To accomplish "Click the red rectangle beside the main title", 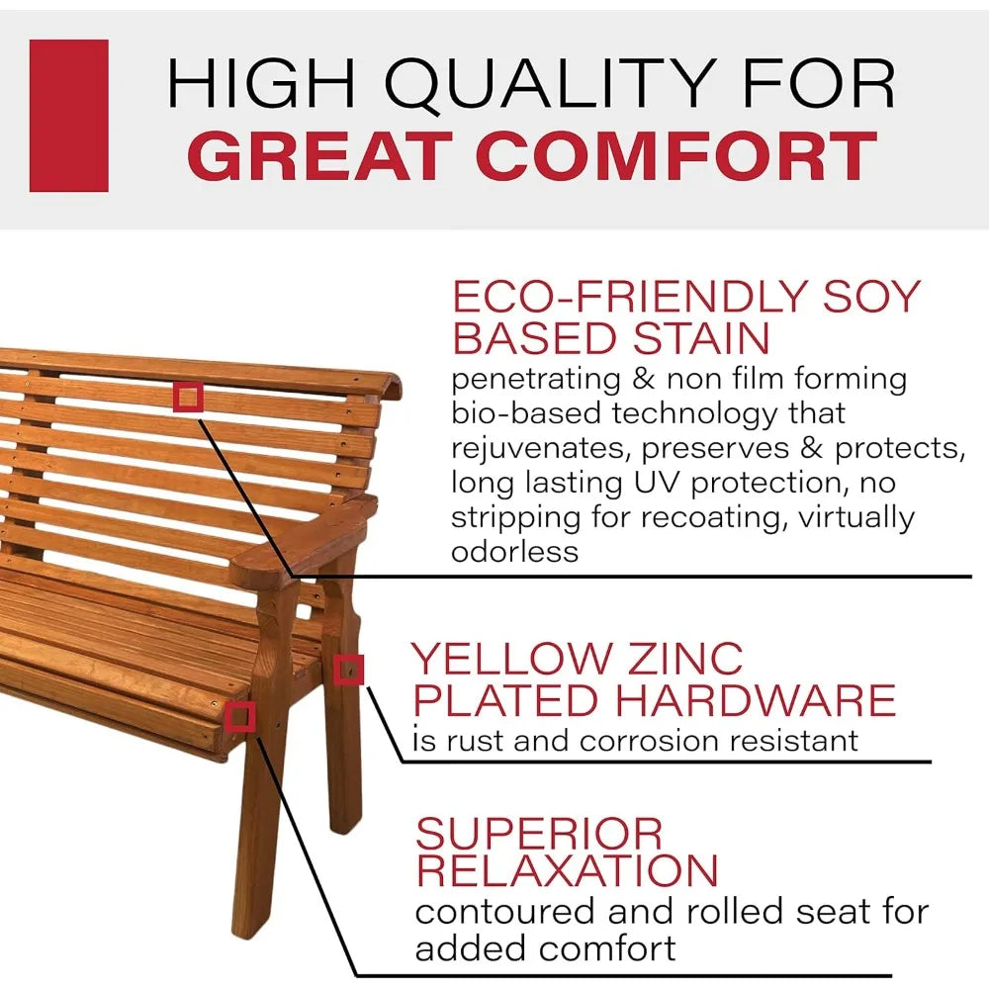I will click(x=68, y=116).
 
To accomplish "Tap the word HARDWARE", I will click(x=755, y=700).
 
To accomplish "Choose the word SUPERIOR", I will click(x=539, y=834).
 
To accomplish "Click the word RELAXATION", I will click(x=567, y=871).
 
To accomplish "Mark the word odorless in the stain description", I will click(x=514, y=552).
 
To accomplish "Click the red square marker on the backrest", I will click(x=188, y=398).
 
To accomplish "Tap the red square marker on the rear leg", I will click(x=348, y=671).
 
